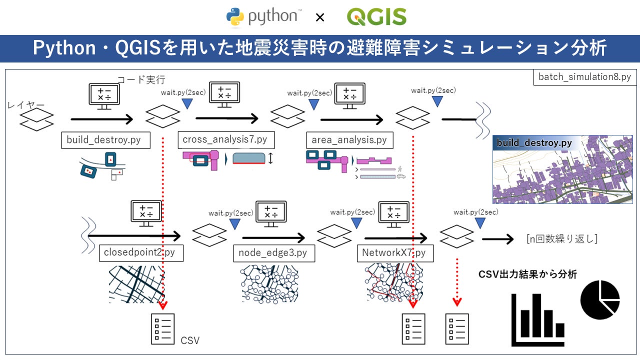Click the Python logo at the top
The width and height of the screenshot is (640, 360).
click(x=263, y=17)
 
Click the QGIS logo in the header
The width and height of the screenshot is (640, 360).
click(x=376, y=17)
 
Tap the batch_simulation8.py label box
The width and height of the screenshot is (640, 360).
click(x=584, y=77)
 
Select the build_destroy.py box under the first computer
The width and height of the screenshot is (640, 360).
click(x=104, y=140)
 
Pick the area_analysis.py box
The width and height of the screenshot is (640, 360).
click(x=349, y=140)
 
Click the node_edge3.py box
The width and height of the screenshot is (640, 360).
click(x=273, y=253)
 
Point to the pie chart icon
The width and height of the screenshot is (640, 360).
click(x=600, y=300)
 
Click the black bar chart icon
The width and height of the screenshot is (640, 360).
click(x=538, y=320)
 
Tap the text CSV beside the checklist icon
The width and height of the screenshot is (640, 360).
click(x=190, y=341)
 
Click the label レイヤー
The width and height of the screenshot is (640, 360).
click(x=26, y=105)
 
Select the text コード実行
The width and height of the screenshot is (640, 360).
click(x=140, y=79)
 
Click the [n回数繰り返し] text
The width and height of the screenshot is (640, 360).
click(x=561, y=239)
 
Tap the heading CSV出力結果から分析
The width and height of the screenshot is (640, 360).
click(x=527, y=274)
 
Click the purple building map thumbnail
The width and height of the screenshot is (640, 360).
click(x=565, y=169)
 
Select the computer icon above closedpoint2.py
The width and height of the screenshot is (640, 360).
click(x=145, y=213)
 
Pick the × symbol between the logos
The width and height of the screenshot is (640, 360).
click(x=320, y=18)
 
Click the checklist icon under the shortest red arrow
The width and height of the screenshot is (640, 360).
click(x=457, y=329)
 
